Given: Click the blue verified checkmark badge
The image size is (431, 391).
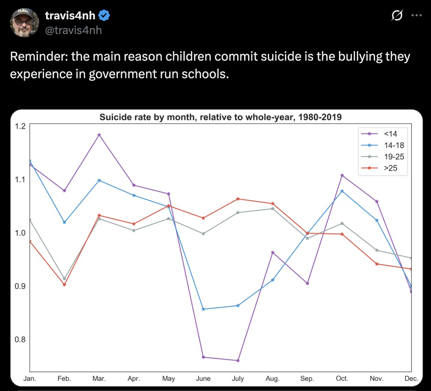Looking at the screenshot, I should pos(104,16).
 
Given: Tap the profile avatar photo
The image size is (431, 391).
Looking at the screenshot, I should pos(24,23).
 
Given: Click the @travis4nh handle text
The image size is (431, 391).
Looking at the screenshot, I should pos(73,30).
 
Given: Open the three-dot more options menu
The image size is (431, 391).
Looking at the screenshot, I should pos(416,15).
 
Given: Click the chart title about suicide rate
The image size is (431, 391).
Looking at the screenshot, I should pos(221,117).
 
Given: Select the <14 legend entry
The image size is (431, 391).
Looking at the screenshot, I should pos(390,134).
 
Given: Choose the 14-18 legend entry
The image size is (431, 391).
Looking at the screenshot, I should pos(394,145).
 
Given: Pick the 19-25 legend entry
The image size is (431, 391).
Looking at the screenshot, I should pos(394,157).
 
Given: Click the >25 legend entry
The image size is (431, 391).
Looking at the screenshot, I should pos(390,168).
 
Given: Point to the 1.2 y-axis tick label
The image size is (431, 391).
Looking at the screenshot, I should pos(20,126).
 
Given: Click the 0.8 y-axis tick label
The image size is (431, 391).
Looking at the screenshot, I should pos(20,339).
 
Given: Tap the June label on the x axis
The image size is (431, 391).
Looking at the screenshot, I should pos(203,379).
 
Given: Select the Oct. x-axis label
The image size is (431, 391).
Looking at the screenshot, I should pos(342,379).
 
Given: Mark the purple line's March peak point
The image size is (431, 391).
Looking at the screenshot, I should pos(99,135).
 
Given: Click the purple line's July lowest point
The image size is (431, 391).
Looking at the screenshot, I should pos(238,361).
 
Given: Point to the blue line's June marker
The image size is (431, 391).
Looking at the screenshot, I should pos(203,309).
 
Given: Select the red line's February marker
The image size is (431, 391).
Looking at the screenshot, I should pos(64,285).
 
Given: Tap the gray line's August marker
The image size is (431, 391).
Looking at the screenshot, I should pos(272,209).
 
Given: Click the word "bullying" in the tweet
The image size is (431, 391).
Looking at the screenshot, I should pos(369,57).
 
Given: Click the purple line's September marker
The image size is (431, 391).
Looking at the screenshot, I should pos(307,284).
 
